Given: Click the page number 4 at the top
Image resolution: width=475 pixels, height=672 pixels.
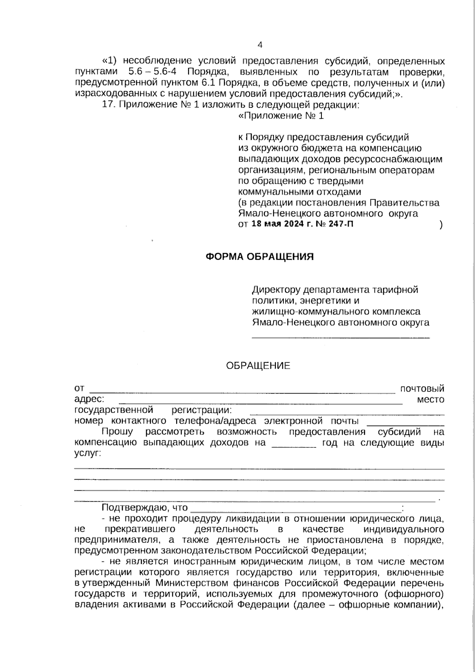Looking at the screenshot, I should (x=260, y=45).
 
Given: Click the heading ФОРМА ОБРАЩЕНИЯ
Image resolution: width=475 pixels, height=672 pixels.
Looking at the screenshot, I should (x=260, y=257).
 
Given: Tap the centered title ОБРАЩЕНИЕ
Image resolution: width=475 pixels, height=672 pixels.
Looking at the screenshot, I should (x=258, y=366).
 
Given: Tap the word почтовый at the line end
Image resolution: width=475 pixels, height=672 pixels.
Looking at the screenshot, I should (x=422, y=388).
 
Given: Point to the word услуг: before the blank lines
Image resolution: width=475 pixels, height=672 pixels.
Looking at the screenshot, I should (x=87, y=454).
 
